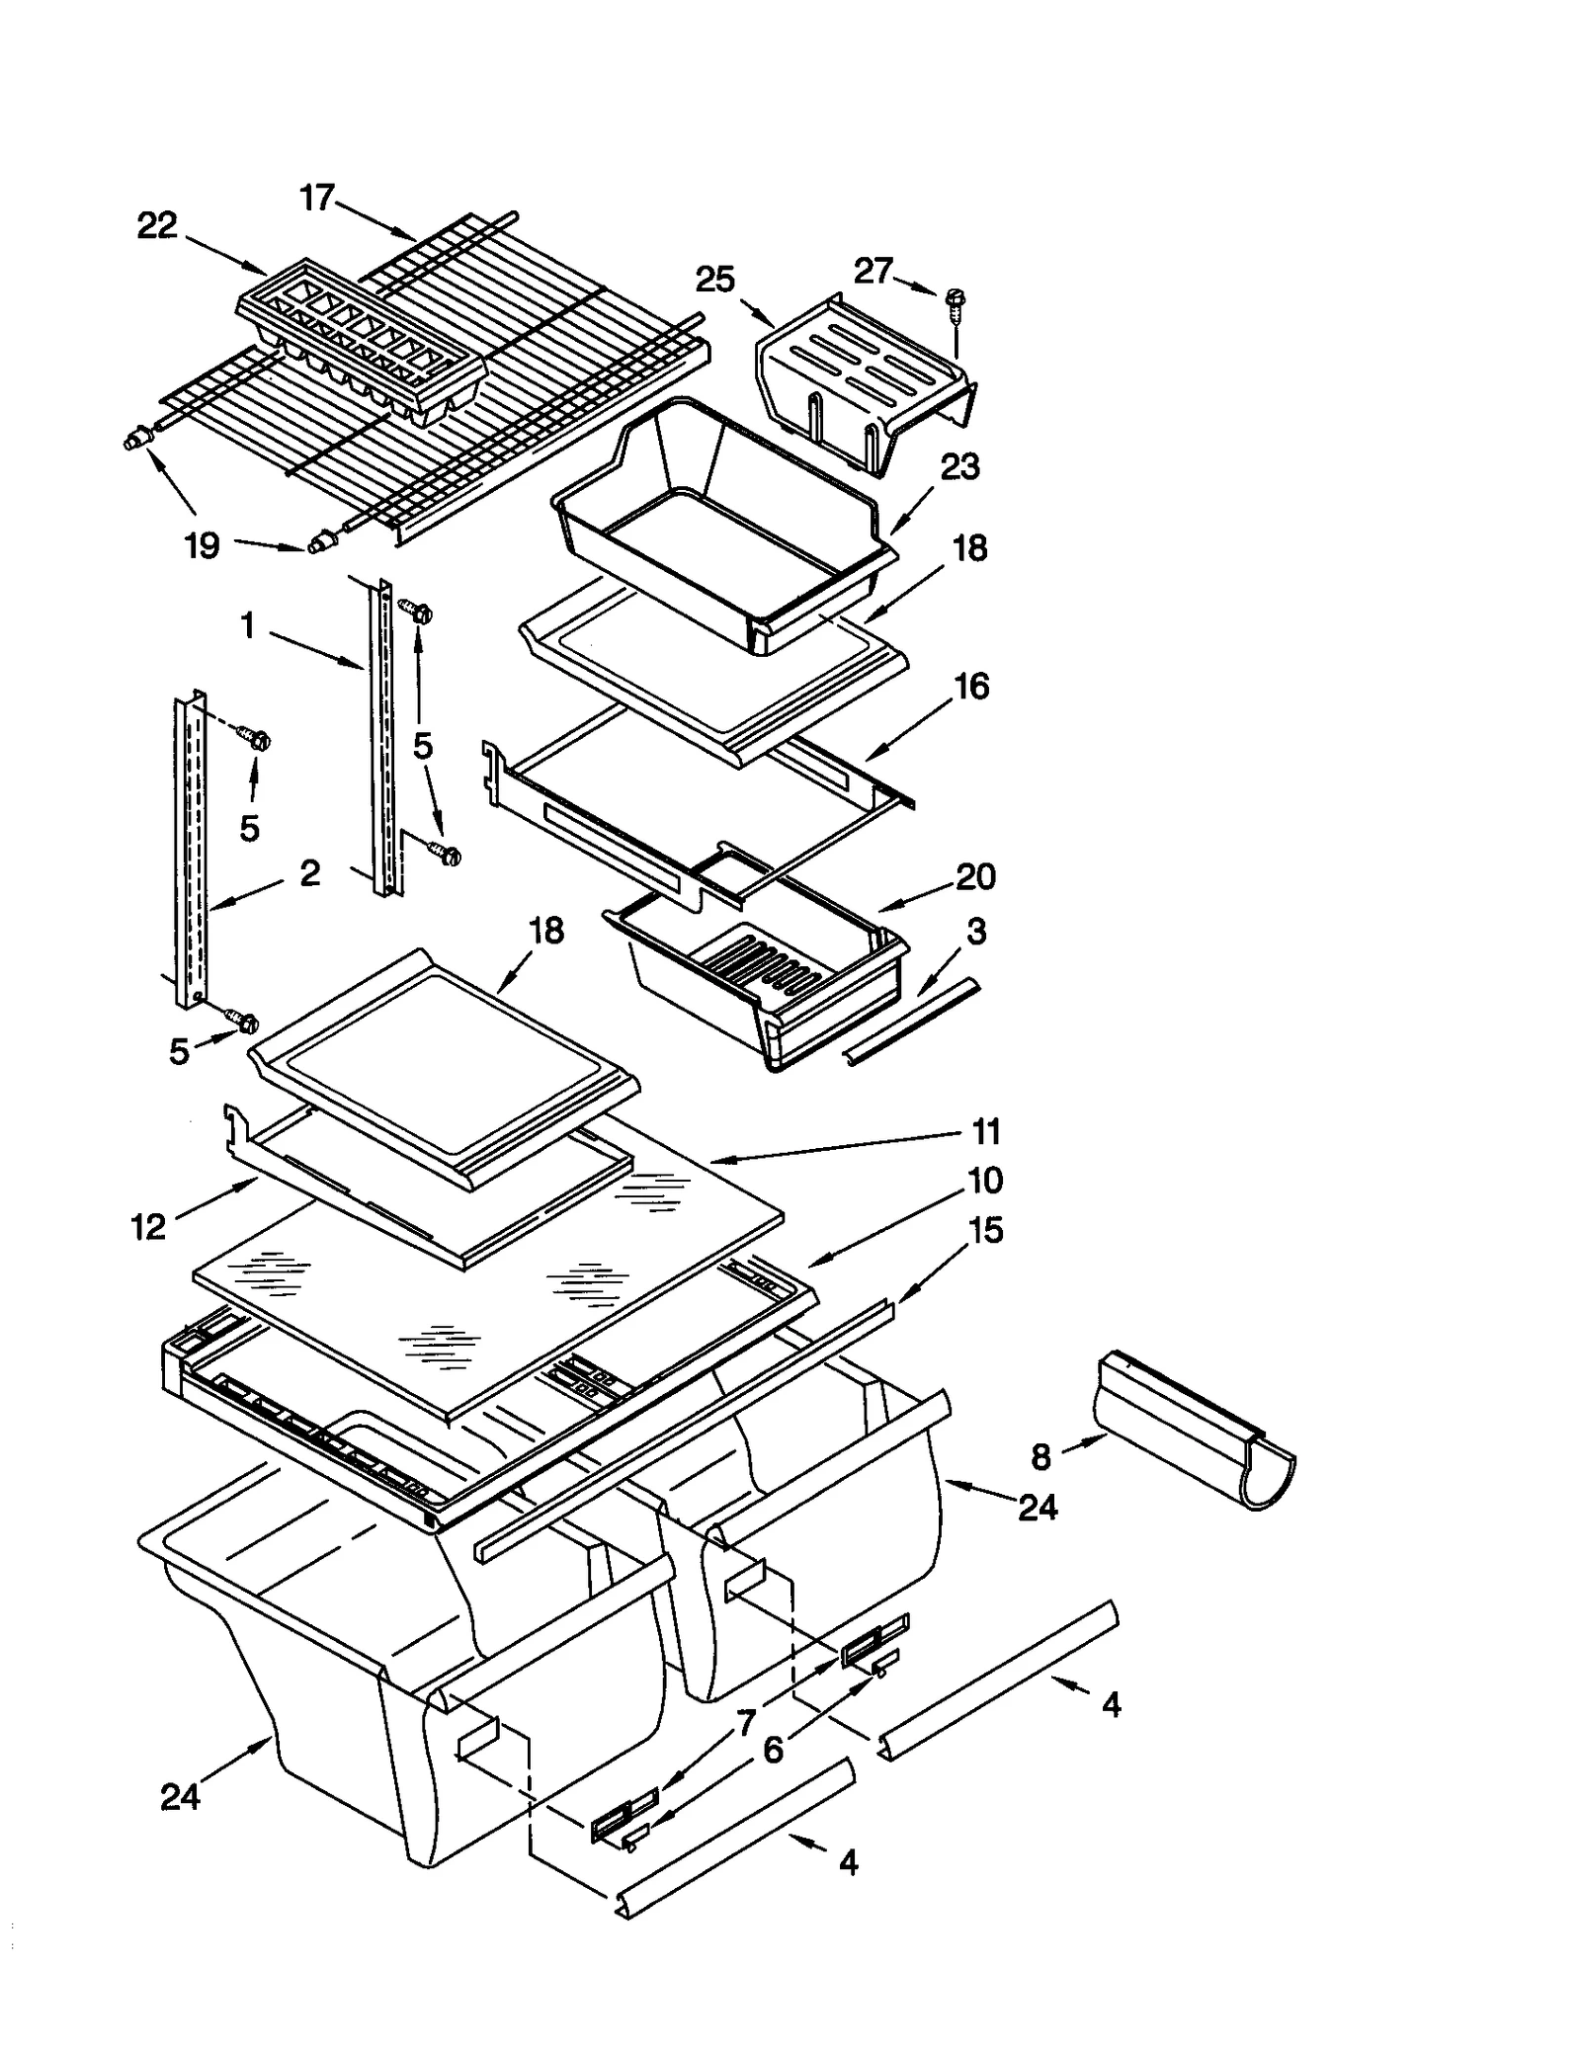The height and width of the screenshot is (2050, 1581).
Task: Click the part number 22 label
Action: [x=157, y=226]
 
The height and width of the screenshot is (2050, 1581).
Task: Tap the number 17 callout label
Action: [x=317, y=198]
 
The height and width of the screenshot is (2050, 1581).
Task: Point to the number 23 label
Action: [x=958, y=466]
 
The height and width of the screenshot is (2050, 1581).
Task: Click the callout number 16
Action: [x=971, y=686]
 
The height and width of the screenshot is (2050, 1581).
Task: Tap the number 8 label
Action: [x=1040, y=1456]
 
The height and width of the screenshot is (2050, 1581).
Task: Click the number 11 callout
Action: [x=985, y=1131]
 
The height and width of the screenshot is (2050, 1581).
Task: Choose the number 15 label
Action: [x=985, y=1230]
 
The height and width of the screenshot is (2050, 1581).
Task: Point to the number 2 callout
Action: [x=309, y=872]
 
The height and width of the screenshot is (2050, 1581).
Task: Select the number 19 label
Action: [x=203, y=544]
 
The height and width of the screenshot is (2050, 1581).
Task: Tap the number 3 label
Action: [x=975, y=931]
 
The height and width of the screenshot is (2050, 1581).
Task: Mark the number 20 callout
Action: [x=975, y=876]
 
